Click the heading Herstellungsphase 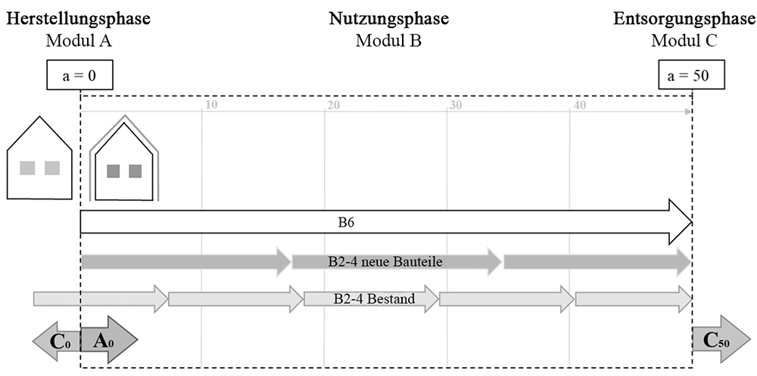click(x=79, y=19)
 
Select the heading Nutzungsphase click(x=389, y=19)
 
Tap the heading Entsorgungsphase click(x=684, y=19)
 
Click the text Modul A click(x=79, y=41)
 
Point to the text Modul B click(x=388, y=41)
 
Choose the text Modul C click(x=684, y=41)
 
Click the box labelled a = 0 click(x=79, y=75)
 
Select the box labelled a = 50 click(x=692, y=75)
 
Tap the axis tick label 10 click(x=211, y=105)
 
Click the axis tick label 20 click(x=333, y=105)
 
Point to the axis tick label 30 click(x=456, y=105)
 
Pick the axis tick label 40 click(x=580, y=105)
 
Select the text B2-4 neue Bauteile click(x=385, y=262)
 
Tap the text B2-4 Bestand click(x=374, y=299)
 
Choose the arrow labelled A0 click(x=109, y=340)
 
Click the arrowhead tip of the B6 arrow click(x=693, y=222)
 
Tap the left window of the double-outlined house click(x=114, y=171)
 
